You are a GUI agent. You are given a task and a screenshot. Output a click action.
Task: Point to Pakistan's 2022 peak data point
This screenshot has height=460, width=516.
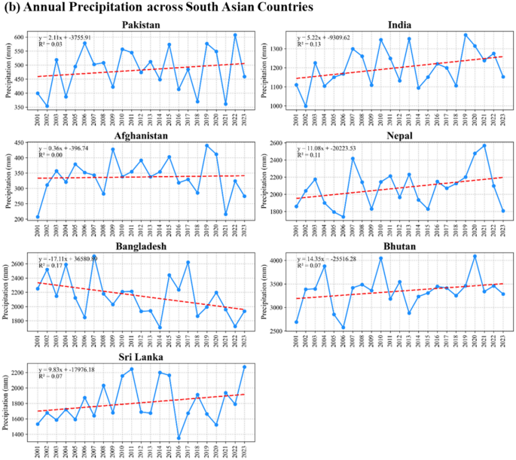pos(235,35)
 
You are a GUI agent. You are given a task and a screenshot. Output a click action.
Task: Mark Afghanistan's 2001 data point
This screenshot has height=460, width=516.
pos(38,217)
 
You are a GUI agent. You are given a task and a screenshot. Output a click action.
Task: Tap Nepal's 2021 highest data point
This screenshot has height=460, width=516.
pos(484,145)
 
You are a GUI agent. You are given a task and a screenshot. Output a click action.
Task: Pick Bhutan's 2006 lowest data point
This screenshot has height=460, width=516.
pos(343,327)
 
